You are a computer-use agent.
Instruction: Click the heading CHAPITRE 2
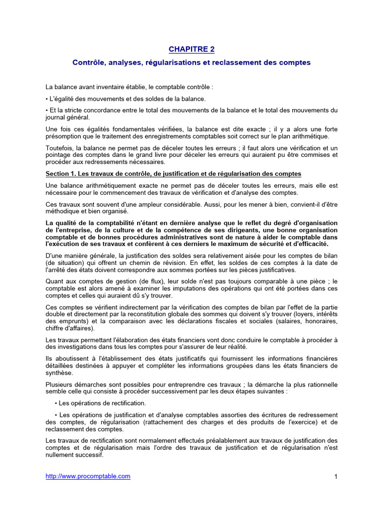coord(191,49)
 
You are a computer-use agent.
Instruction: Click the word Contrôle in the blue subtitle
coord(89,63)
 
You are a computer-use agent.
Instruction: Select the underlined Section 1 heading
coord(173,173)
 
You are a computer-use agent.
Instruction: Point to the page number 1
coord(336,477)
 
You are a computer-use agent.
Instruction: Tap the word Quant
coord(54,281)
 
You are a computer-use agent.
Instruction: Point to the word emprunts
coord(71,321)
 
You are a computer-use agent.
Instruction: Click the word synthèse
coord(59,373)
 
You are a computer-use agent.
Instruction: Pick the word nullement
coord(60,455)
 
